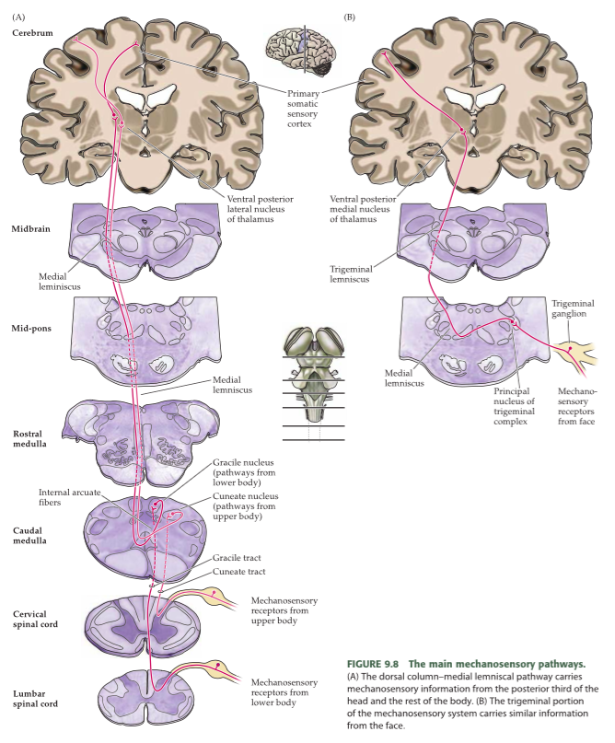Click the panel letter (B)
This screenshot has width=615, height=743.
click(x=349, y=17)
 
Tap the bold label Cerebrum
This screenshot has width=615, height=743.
click(x=32, y=32)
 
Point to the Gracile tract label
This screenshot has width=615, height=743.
click(x=238, y=558)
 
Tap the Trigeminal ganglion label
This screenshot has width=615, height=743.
click(x=573, y=308)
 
